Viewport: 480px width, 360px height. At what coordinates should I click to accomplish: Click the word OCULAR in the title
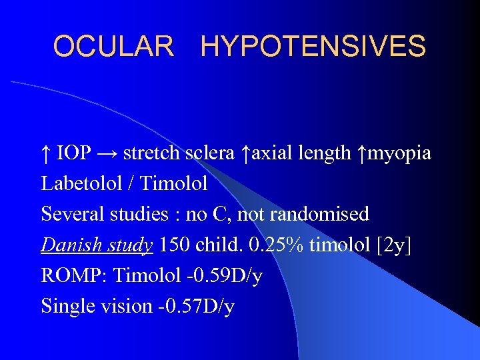point(113,47)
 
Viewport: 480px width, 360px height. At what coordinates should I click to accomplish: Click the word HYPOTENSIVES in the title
point(313,47)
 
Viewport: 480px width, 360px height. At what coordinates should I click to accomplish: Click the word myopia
point(399,153)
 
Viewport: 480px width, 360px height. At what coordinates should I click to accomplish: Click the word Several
point(70,214)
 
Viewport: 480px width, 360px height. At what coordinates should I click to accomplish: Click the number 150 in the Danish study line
point(175,245)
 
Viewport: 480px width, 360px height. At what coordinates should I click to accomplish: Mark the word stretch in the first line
point(151,153)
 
